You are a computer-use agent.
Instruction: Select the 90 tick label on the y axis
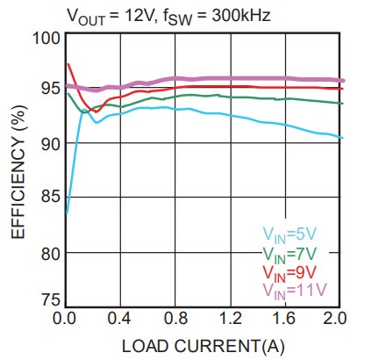coord(49,143)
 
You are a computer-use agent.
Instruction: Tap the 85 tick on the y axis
coord(49,198)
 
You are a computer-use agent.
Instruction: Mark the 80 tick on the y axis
coord(49,253)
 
